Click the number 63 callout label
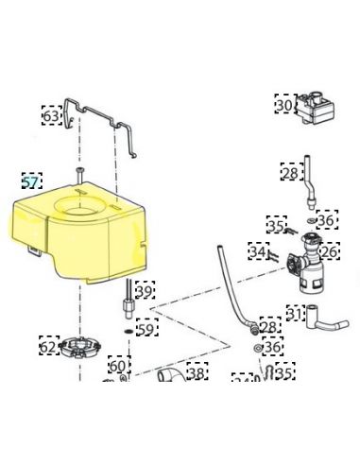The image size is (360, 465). click(52, 115)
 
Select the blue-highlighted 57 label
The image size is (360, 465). click(32, 181)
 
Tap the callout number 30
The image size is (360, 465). click(285, 104)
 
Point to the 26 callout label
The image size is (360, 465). click(330, 251)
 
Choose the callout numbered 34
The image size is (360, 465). click(259, 251)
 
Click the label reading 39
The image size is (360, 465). click(146, 290)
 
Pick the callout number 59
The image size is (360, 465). click(147, 328)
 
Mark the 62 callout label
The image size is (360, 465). click(49, 346)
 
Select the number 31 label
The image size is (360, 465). click(296, 314)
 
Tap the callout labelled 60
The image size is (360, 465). click(119, 365)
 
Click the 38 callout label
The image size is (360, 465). click(197, 371)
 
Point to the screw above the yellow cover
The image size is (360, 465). click(79, 175)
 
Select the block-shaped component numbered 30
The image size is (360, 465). click(315, 108)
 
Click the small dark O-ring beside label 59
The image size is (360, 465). click(129, 331)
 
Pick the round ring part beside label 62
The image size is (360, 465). click(81, 348)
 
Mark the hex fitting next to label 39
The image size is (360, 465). click(129, 304)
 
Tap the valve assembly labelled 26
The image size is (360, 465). click(304, 264)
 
